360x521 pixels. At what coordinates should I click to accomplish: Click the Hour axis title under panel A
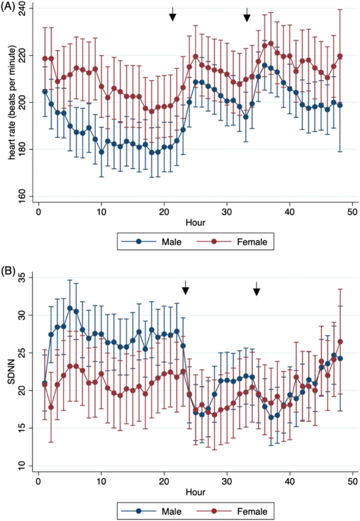(195, 222)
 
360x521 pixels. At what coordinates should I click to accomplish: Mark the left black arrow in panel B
(185, 288)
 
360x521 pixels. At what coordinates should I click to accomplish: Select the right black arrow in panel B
(256, 288)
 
